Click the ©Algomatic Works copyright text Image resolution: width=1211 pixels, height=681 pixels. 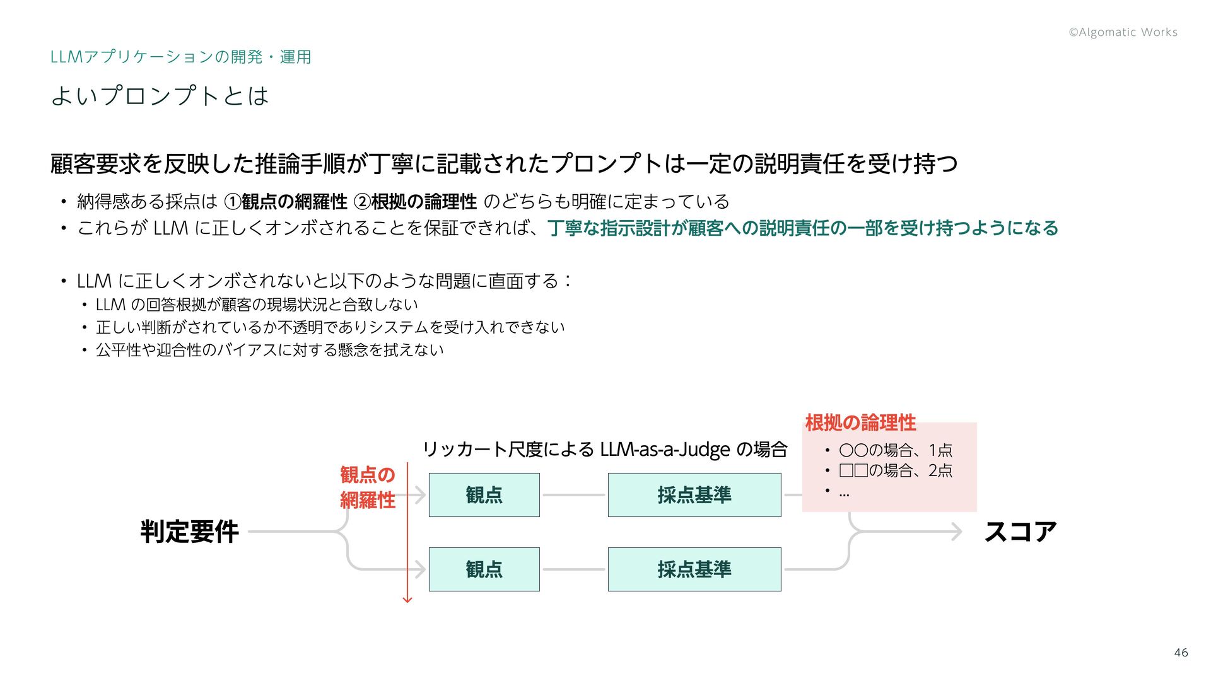(x=1123, y=32)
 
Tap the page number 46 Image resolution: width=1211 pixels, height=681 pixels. (x=1181, y=653)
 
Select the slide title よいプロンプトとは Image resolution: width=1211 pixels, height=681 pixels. (x=160, y=96)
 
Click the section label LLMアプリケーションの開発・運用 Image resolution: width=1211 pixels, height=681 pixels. (x=180, y=57)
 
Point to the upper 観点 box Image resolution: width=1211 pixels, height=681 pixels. (x=484, y=495)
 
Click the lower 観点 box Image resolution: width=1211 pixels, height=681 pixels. (x=484, y=569)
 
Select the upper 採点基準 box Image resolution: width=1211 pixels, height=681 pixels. (x=694, y=495)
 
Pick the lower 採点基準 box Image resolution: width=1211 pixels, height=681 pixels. (x=694, y=569)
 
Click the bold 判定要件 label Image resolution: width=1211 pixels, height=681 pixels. (x=189, y=532)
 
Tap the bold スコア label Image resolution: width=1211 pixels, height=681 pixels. (x=1020, y=532)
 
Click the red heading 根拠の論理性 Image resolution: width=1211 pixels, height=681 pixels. (x=860, y=422)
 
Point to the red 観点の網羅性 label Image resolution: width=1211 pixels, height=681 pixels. (x=367, y=487)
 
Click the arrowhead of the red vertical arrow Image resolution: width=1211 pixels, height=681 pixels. (x=407, y=599)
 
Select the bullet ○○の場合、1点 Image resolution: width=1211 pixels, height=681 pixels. (x=895, y=450)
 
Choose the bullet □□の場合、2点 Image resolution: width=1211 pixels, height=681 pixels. (x=895, y=470)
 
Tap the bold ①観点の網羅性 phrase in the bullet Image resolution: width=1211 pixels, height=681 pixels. (x=286, y=202)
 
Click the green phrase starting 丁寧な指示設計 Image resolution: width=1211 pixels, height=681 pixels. (x=802, y=228)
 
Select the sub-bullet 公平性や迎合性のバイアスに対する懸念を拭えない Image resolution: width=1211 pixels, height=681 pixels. (x=269, y=350)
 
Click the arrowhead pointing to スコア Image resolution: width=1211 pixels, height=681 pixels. (x=958, y=532)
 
